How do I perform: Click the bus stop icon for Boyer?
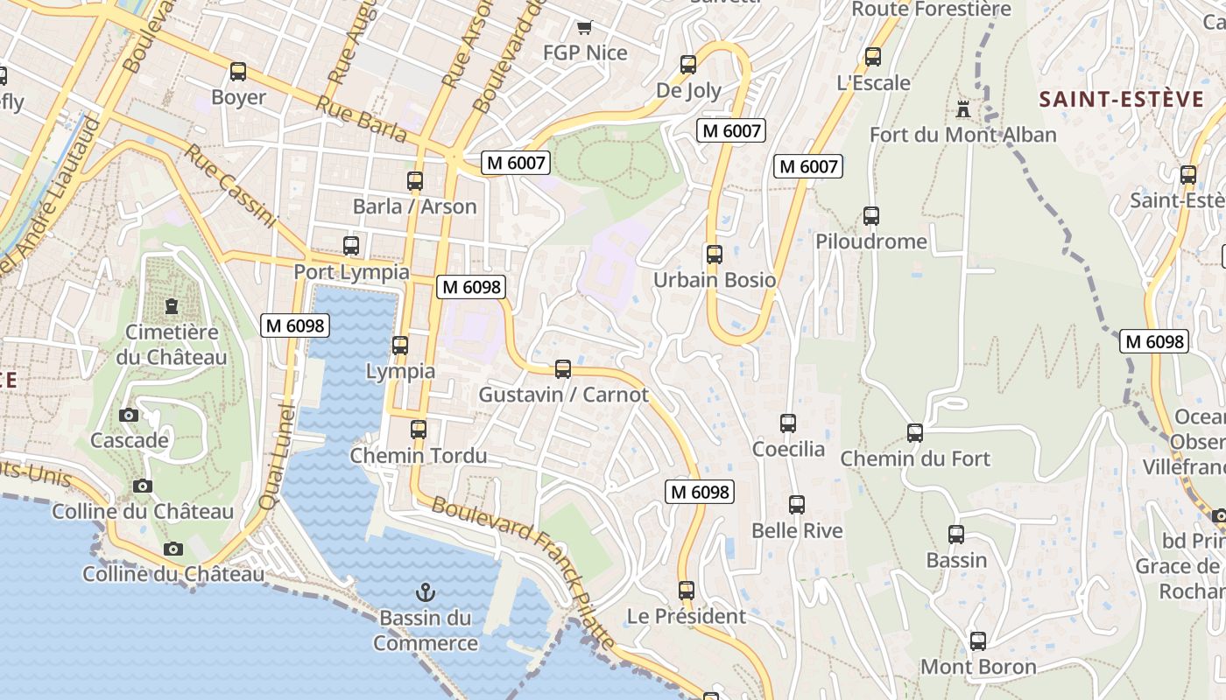tap(238, 72)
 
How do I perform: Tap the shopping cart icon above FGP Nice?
tap(584, 27)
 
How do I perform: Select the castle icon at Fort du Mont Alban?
tap(963, 109)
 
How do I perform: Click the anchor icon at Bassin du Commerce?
tap(426, 592)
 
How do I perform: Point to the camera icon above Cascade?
tap(129, 415)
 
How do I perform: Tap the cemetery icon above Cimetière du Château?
tap(172, 306)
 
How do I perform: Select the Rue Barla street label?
tap(362, 119)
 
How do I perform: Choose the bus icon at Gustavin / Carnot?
tap(563, 369)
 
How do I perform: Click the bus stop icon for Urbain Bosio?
tap(715, 255)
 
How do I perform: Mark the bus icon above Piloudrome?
tap(870, 216)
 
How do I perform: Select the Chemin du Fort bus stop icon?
tap(915, 432)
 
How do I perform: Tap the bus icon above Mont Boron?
tap(978, 641)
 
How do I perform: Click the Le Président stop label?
tap(687, 616)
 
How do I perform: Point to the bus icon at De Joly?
tap(688, 65)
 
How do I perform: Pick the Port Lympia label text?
tap(351, 272)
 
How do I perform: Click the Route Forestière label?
tap(931, 10)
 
